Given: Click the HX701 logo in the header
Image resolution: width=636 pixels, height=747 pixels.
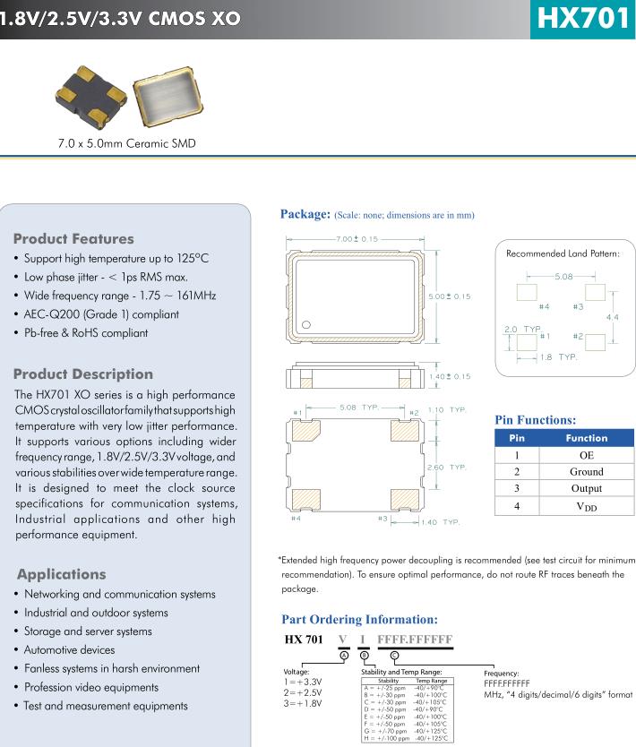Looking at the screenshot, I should (x=582, y=19).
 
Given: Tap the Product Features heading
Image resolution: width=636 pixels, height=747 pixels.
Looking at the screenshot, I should (x=73, y=239).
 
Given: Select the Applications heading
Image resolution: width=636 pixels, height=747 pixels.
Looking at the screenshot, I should (x=61, y=574).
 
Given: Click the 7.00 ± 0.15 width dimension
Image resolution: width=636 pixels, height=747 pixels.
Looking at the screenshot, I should (x=357, y=239).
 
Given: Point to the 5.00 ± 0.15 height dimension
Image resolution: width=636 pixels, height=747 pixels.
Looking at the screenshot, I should (x=449, y=296).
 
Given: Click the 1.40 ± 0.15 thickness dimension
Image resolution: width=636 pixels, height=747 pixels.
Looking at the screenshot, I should (x=449, y=376).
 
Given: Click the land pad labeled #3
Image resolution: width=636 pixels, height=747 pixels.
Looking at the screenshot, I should (x=594, y=292).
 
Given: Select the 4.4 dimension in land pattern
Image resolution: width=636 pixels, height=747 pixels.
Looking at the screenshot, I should (x=612, y=318).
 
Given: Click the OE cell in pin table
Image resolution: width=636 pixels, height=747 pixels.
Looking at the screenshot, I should (x=586, y=455).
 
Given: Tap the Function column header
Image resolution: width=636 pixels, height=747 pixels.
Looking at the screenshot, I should (x=586, y=438).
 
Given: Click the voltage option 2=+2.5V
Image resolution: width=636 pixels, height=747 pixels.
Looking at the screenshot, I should (x=302, y=692).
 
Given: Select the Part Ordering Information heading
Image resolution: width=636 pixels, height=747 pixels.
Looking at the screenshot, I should (x=359, y=619).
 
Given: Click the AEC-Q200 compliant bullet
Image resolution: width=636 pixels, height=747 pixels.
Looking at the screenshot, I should (x=101, y=314).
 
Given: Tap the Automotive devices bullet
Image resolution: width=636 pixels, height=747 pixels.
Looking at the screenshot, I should (x=69, y=650).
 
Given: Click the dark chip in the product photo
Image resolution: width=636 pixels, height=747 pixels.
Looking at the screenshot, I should (x=90, y=99).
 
